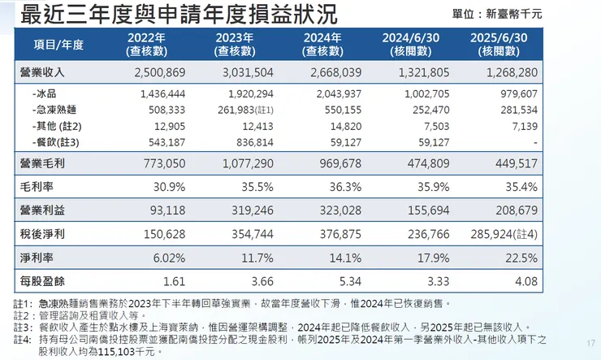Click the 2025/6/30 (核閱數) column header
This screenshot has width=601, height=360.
click(498, 44)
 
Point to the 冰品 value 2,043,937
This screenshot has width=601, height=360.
click(332, 94)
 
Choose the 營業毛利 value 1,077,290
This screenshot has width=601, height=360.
click(241, 163)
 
